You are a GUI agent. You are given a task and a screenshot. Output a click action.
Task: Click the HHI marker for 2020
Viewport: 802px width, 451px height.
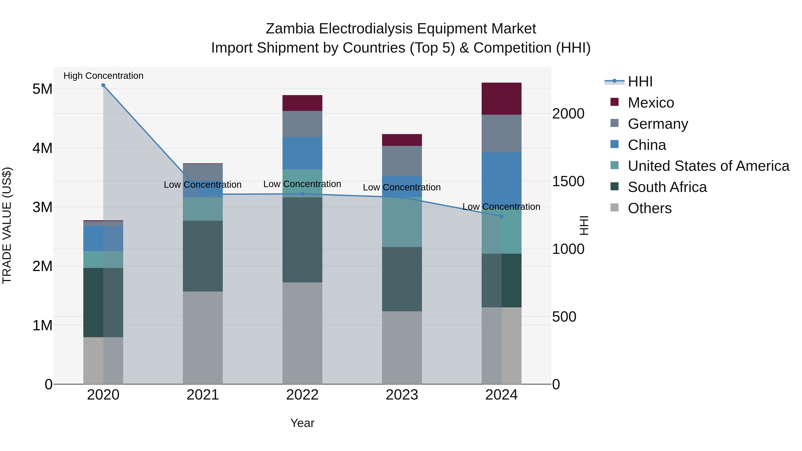point(103,85)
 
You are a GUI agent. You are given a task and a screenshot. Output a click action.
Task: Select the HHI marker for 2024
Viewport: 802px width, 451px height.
point(501,216)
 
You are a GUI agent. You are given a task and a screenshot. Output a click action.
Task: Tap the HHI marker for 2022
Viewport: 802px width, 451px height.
point(302,194)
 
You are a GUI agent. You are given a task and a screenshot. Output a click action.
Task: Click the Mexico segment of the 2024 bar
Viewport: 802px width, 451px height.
point(501,99)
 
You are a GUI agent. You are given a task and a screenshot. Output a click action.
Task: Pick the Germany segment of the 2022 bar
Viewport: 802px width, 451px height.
point(302,124)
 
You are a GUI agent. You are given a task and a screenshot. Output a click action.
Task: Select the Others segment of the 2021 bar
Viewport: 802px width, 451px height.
point(203,338)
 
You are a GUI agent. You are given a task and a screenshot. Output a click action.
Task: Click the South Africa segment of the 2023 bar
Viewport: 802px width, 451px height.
point(402,279)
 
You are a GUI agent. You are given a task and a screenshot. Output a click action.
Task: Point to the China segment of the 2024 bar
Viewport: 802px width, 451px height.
point(501,178)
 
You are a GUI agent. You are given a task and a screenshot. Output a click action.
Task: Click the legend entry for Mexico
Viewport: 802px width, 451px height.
point(651,103)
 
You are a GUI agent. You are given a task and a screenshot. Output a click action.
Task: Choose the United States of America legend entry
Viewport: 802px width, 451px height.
point(708,166)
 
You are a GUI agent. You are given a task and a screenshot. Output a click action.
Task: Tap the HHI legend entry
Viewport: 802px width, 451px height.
point(640,82)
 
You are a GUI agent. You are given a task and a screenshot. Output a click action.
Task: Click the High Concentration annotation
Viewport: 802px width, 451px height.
point(103,76)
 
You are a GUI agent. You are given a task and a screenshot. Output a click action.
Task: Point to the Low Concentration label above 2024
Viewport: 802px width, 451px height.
point(501,207)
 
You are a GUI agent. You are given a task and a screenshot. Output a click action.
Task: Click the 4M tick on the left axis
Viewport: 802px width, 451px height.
point(42,148)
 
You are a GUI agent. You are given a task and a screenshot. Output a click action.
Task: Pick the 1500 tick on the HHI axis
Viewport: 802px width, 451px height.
point(568,182)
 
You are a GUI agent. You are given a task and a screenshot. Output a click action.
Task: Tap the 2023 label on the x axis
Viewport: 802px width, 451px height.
point(402,395)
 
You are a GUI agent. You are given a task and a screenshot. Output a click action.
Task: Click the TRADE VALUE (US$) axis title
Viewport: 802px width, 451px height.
point(7,225)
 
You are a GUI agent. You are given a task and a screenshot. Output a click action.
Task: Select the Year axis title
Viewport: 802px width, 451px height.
point(302,423)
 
